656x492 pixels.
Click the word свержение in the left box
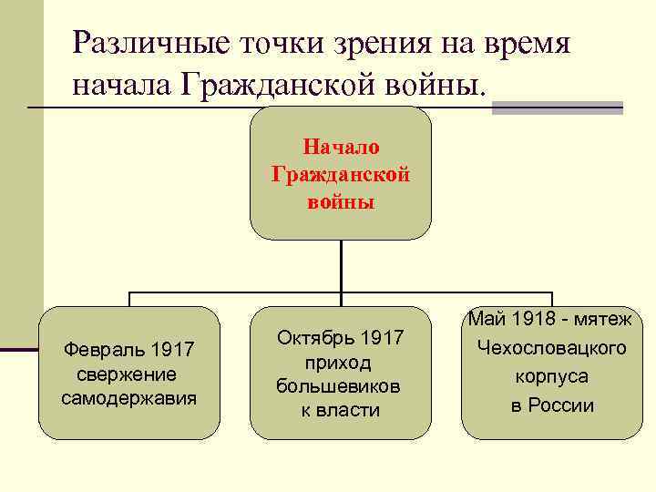pos(128,374)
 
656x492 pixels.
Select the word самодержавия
pos(128,398)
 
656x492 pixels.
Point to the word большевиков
pos(340,386)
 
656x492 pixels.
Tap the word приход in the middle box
pos(340,363)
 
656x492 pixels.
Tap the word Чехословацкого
pos(551,347)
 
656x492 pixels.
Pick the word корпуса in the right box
pos(551,376)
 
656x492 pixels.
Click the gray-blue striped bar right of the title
pos(557,108)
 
